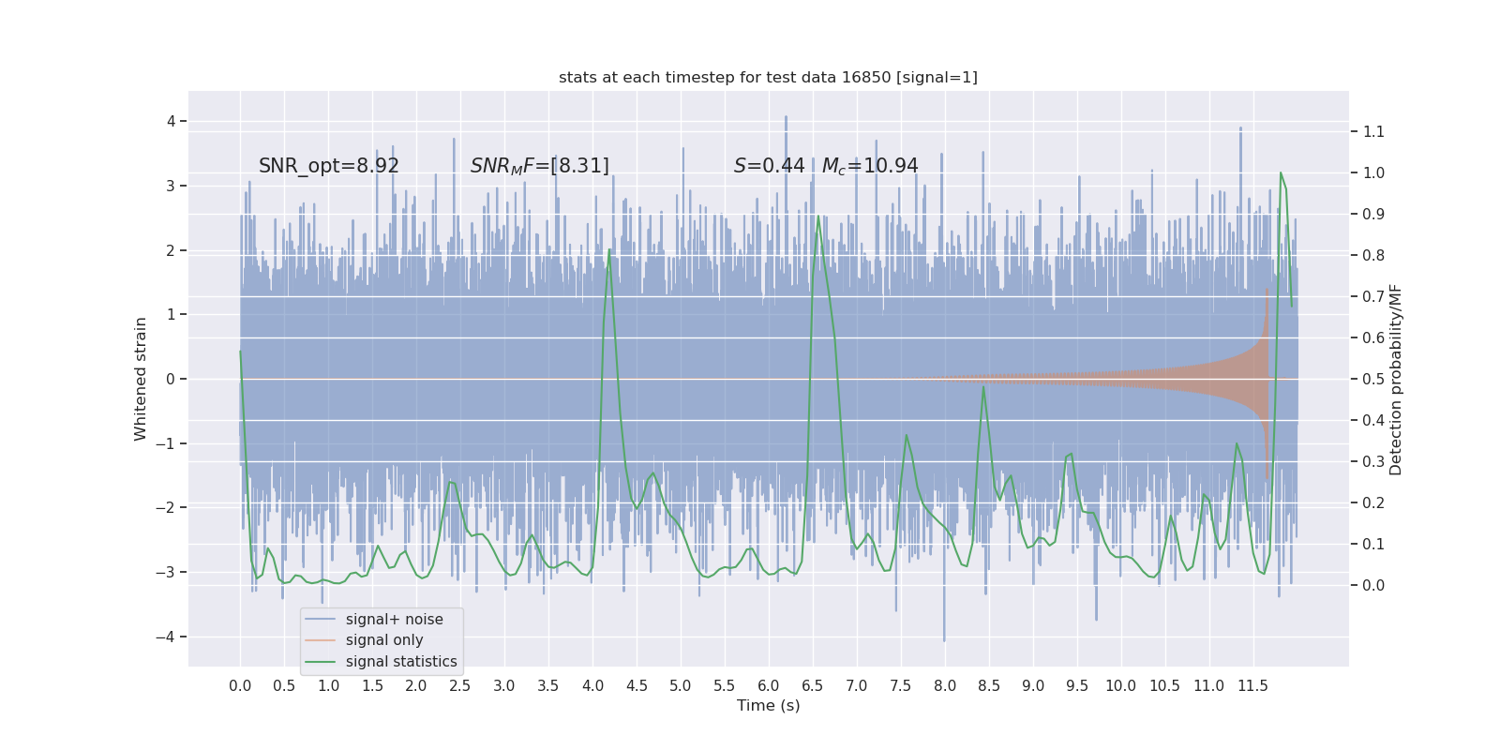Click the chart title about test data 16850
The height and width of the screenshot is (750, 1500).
pyautogui.click(x=768, y=77)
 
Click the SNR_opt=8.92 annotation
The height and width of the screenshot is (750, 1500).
pyautogui.click(x=329, y=166)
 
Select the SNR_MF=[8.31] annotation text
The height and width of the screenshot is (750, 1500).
pyautogui.click(x=539, y=166)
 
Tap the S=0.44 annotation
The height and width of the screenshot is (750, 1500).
pyautogui.click(x=769, y=166)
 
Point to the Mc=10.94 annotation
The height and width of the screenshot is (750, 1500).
pyautogui.click(x=870, y=166)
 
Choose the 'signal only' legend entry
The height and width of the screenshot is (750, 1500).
pyautogui.click(x=384, y=640)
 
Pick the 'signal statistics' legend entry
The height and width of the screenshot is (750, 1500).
pyautogui.click(x=401, y=662)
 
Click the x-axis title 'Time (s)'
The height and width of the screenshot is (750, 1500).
pyautogui.click(x=768, y=705)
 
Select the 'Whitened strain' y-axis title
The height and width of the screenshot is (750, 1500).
pyautogui.click(x=141, y=379)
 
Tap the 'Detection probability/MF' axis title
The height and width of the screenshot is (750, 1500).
pyautogui.click(x=1396, y=379)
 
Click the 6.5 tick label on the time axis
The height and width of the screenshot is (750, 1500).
pyautogui.click(x=812, y=685)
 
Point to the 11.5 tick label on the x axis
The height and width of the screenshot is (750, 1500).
pyautogui.click(x=1252, y=685)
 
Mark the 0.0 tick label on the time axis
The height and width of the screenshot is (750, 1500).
pyautogui.click(x=240, y=685)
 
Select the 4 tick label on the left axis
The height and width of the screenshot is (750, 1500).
pyautogui.click(x=172, y=121)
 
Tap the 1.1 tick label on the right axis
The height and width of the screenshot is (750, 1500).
pyautogui.click(x=1373, y=131)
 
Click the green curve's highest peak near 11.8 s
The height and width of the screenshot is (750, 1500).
pyautogui.click(x=1281, y=172)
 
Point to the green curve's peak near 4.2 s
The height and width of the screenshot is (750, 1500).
pyautogui.click(x=609, y=249)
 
